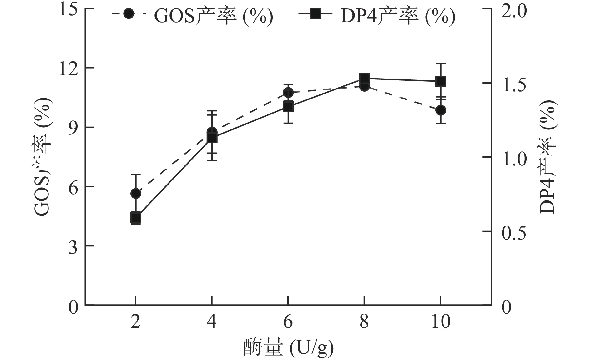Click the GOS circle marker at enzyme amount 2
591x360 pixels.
click(136, 194)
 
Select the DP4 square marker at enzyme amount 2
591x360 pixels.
click(136, 218)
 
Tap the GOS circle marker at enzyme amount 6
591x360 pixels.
click(288, 93)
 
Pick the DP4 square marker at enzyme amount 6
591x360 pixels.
click(288, 107)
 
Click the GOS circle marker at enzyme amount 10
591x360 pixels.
click(441, 110)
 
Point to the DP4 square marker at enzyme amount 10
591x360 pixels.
click(441, 81)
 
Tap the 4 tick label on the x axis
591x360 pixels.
click(212, 321)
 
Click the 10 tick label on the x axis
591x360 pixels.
click(441, 321)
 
